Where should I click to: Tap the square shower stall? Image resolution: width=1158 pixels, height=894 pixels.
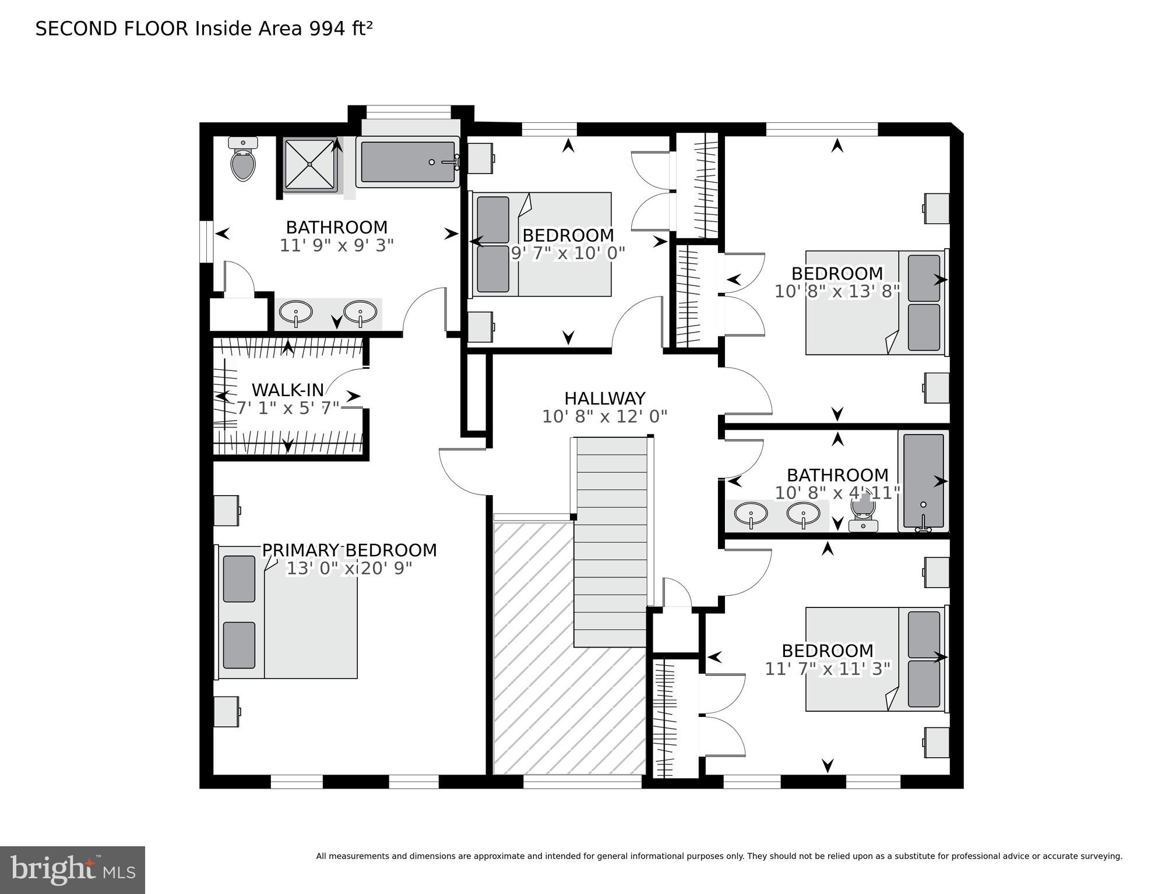click(310, 164)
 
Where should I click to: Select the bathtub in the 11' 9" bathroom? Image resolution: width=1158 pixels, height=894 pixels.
click(407, 162)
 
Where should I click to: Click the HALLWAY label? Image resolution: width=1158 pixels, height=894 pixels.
click(604, 398)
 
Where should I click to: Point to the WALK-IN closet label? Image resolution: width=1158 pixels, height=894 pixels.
click(287, 390)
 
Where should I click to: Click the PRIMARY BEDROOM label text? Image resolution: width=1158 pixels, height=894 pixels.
click(349, 550)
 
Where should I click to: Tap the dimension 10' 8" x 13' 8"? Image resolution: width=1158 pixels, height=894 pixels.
click(837, 291)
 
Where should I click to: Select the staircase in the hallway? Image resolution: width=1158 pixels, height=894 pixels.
click(611, 542)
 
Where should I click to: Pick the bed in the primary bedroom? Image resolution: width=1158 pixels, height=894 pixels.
click(288, 612)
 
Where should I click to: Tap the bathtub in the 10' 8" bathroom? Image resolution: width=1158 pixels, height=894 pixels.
click(924, 480)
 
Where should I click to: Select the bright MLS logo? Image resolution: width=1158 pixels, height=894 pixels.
click(72, 870)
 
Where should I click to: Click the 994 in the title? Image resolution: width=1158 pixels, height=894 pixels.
click(326, 29)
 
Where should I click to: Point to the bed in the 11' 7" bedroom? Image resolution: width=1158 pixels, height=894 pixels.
click(874, 659)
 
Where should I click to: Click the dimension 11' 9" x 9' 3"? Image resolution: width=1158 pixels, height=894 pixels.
click(337, 245)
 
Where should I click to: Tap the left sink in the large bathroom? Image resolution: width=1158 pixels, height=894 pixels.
click(296, 313)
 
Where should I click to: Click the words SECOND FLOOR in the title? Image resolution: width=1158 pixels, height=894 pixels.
click(112, 29)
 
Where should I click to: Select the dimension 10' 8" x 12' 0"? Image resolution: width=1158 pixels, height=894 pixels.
click(604, 416)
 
